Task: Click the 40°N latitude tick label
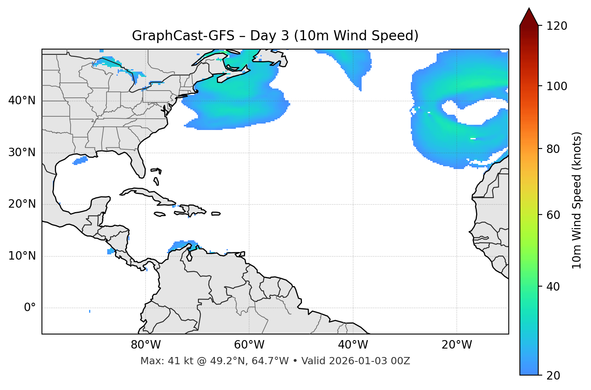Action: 22,101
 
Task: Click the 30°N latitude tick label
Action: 22,153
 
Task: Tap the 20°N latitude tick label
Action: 22,204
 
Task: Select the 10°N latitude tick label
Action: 22,256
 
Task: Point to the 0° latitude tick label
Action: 30,308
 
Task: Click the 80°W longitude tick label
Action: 146,345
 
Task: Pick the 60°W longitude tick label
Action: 249,345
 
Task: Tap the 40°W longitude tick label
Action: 353,345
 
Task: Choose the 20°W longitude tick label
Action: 456,345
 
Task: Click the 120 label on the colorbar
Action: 557,26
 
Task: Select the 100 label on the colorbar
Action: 557,86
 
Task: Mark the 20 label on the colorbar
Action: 553,376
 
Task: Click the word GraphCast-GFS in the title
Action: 183,36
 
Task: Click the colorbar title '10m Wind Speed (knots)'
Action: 577,200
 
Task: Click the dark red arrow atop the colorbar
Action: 529,17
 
